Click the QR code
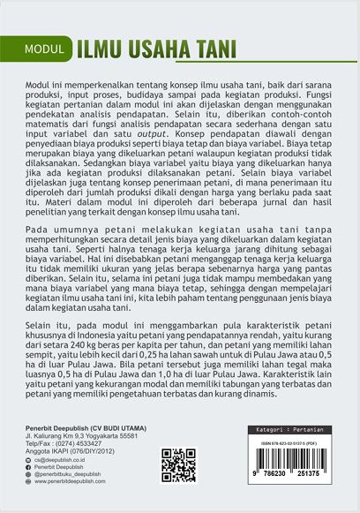click(x=178, y=465)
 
